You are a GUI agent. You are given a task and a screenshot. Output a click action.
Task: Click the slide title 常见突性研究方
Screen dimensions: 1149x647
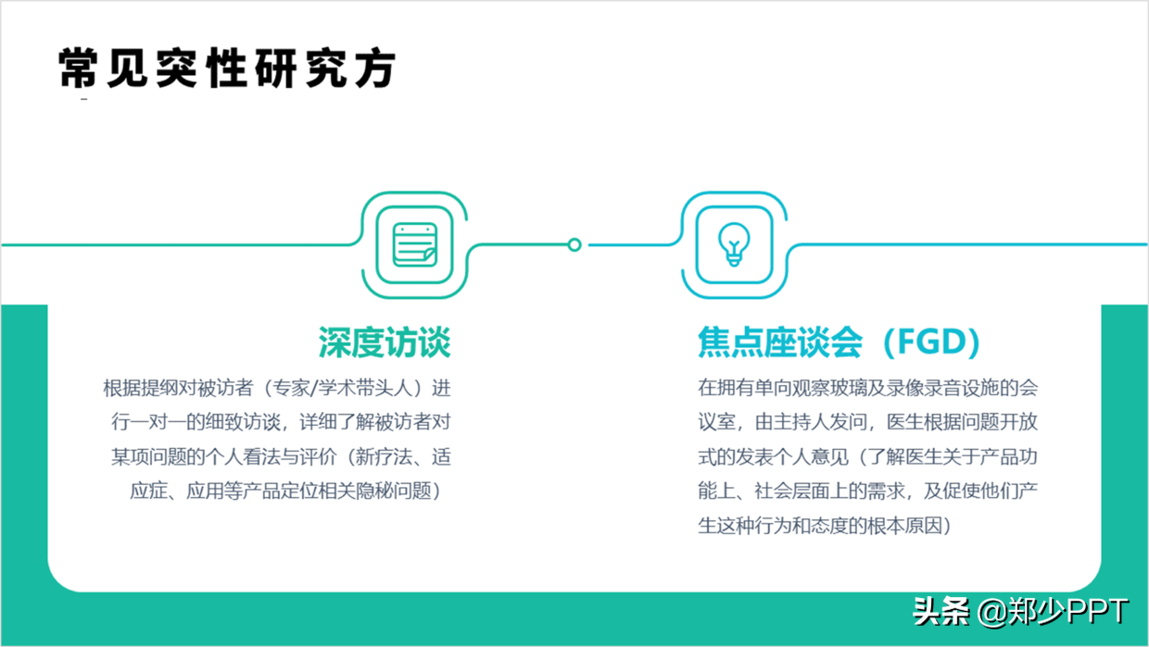(x=228, y=68)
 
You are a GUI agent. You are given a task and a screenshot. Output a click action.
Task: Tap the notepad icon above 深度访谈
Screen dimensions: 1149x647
(x=413, y=245)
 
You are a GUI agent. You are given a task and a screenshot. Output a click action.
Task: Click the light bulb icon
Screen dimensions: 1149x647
(x=733, y=244)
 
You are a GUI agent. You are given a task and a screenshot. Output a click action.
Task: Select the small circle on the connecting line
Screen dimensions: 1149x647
(x=574, y=244)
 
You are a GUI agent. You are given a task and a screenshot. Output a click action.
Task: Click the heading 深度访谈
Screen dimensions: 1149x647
(x=385, y=342)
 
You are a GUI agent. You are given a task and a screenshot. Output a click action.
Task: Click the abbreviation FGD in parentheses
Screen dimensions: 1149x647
(x=931, y=342)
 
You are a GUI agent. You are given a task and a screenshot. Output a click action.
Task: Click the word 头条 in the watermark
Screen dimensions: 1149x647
(x=941, y=612)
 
